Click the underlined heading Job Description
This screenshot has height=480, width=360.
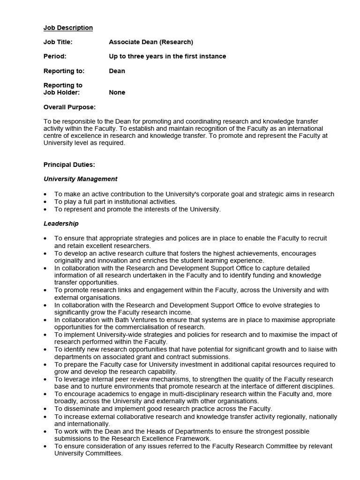click(x=68, y=28)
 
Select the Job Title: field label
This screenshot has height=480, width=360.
click(x=58, y=42)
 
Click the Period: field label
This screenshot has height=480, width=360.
click(x=55, y=57)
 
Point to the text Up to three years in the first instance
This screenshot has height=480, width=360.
click(x=167, y=57)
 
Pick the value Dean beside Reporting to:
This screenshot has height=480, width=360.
click(x=117, y=71)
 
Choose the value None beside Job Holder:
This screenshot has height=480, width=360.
click(x=117, y=93)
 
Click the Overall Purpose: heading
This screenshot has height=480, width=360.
click(x=69, y=107)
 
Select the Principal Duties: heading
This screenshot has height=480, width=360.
click(x=69, y=165)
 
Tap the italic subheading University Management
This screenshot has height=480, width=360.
click(x=81, y=179)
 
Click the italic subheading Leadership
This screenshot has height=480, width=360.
click(x=61, y=224)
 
